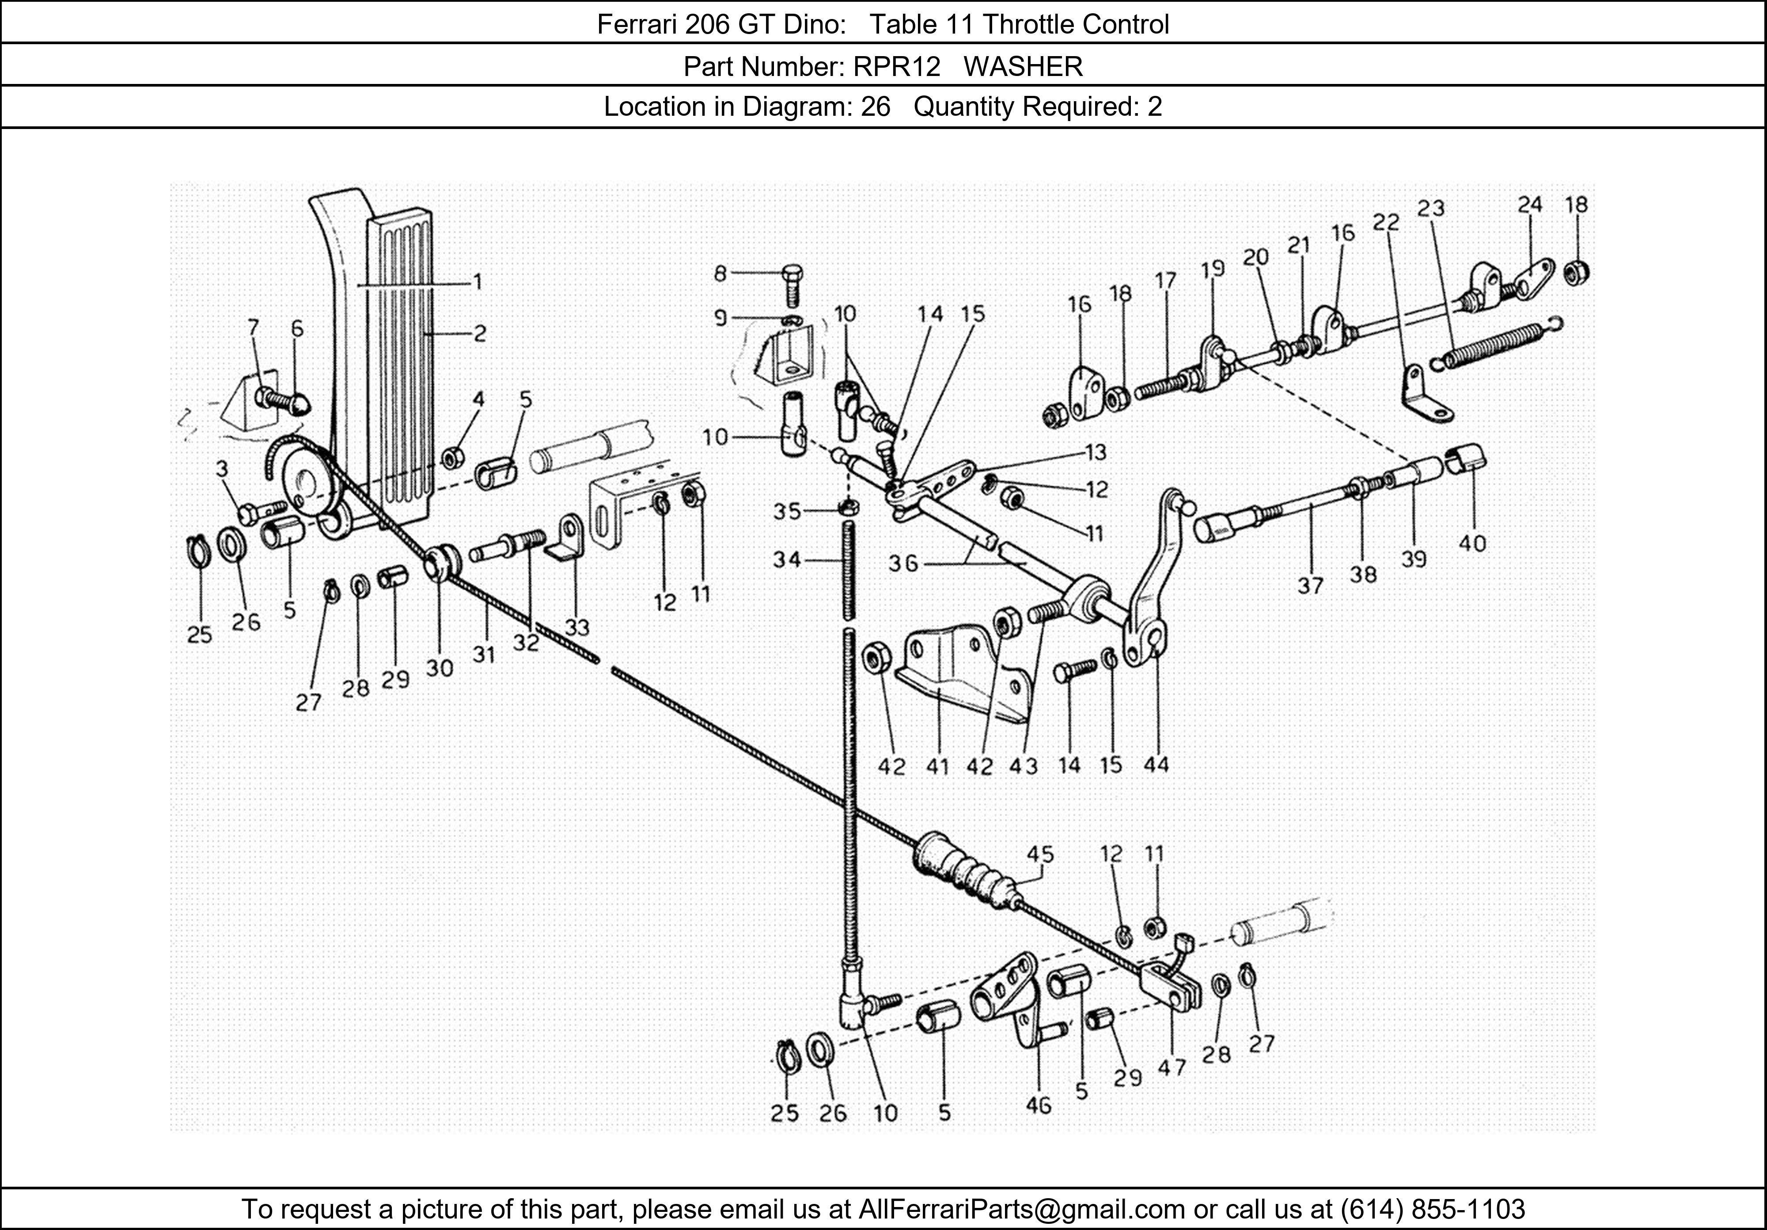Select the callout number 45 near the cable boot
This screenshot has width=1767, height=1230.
[x=1040, y=854]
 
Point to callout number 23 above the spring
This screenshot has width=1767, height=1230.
[x=1431, y=209]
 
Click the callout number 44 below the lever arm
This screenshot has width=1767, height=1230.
[x=1156, y=764]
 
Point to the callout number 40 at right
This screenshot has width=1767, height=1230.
[x=1472, y=543]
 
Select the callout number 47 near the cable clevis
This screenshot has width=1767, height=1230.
[x=1172, y=1067]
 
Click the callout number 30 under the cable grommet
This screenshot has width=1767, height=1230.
[x=440, y=668]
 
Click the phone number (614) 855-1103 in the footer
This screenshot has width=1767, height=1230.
[x=1432, y=1209]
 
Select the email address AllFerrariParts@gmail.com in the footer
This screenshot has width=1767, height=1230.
[x=1021, y=1209]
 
